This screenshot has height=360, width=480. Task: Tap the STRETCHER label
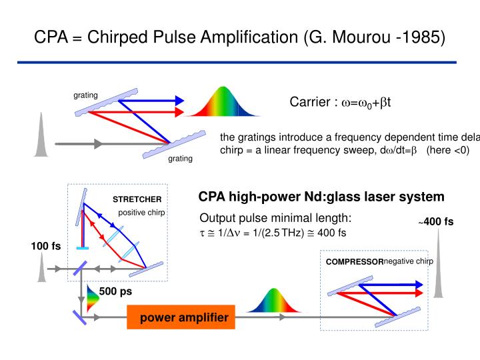pyautogui.click(x=137, y=199)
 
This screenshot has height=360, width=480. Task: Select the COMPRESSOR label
pyautogui.click(x=354, y=262)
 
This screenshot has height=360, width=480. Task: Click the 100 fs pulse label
pyautogui.click(x=45, y=246)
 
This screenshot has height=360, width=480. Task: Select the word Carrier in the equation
pyautogui.click(x=312, y=102)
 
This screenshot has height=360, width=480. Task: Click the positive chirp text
pyautogui.click(x=141, y=213)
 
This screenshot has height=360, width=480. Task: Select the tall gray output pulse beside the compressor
pyautogui.click(x=440, y=274)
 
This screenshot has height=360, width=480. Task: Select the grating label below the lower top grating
pyautogui.click(x=180, y=159)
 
